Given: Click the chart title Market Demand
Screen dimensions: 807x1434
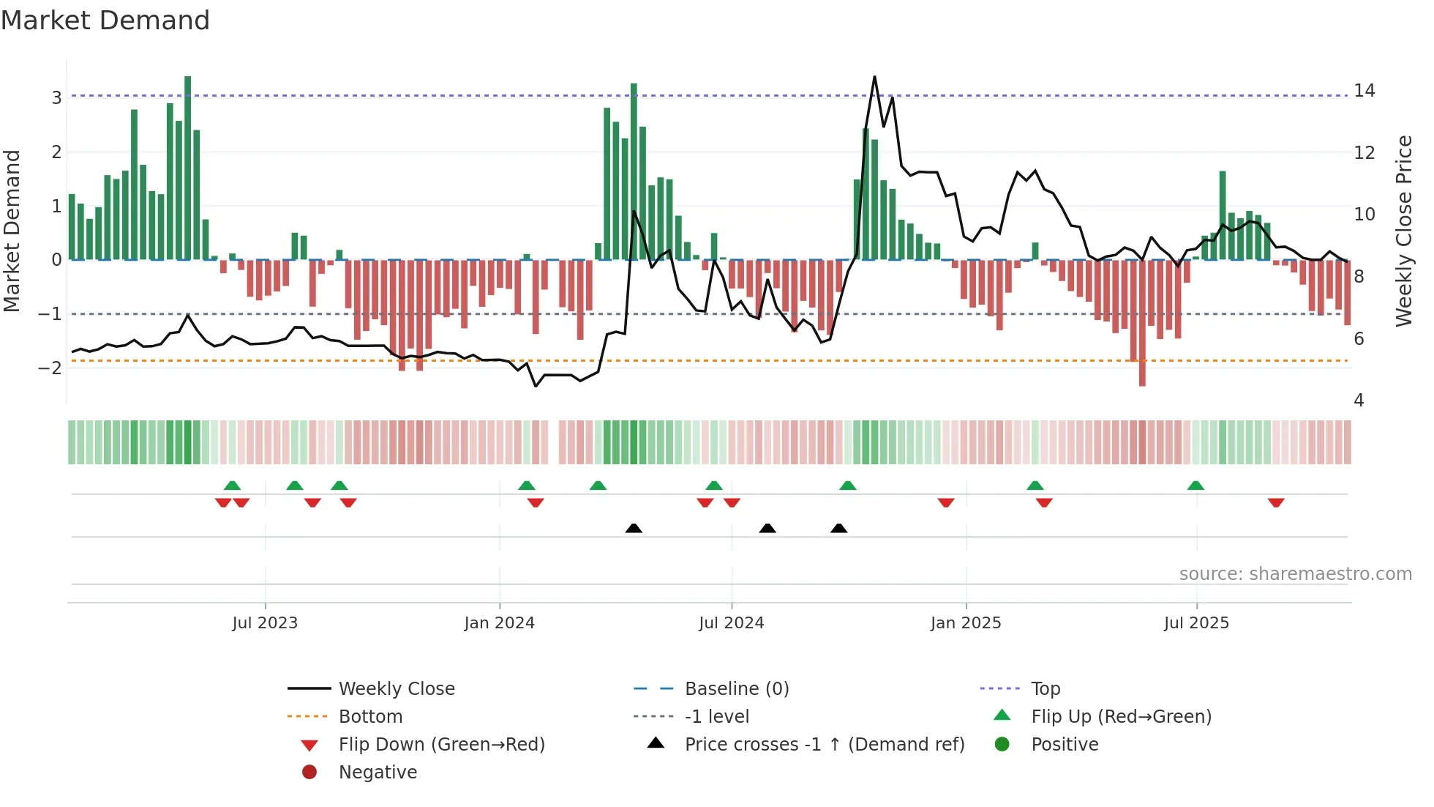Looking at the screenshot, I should pos(105,21).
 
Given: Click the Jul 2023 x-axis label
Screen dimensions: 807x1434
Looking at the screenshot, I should pos(265,623).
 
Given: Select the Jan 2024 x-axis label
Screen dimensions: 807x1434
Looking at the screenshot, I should pos(499,623).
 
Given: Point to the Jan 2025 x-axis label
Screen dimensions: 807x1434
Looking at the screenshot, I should pos(966,623).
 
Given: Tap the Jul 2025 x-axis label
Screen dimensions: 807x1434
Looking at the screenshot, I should pos(1196,623).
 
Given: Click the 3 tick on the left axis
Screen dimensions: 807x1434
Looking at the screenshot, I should pos(56,98).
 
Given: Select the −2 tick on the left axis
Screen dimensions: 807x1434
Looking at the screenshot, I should pos(50,368).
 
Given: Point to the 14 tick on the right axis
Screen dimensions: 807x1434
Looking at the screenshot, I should pos(1364,91).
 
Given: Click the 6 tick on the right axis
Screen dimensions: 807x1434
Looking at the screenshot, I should pos(1359,339).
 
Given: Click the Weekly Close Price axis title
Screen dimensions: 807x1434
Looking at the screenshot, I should pos(1403,231).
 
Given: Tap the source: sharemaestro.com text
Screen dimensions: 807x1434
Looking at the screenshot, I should pos(1295,574).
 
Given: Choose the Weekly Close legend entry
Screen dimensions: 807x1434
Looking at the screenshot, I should pos(397,689).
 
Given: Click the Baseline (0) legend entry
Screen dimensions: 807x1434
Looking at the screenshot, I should pos(737,689).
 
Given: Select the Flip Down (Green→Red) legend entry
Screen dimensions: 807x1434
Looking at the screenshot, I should pos(441,745).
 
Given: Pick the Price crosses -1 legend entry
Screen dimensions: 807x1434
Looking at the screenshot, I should pos(825,745).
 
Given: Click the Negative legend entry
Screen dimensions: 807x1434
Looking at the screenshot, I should pos(378,773).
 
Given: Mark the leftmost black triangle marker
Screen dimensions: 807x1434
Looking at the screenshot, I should pos(634,529).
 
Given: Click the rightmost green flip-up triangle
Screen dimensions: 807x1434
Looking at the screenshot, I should pos(1195,486).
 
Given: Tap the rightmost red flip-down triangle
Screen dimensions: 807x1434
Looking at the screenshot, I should pos(1276,502).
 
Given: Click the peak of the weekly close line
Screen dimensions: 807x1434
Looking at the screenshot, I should pos(874,77).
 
